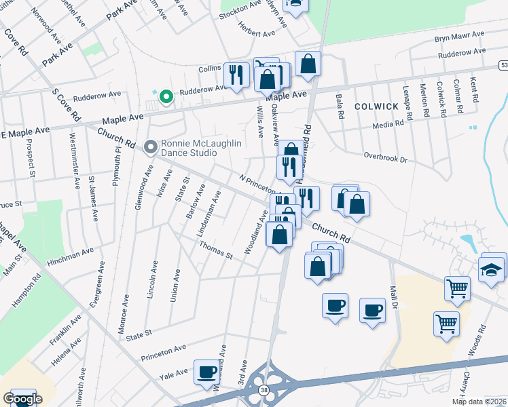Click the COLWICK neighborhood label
pos(376,106)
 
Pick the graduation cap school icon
pos(491,269)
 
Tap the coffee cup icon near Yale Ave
pos(207,372)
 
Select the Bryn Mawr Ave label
pos(459,35)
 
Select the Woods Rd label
pos(482,336)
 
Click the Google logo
pos(22,399)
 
